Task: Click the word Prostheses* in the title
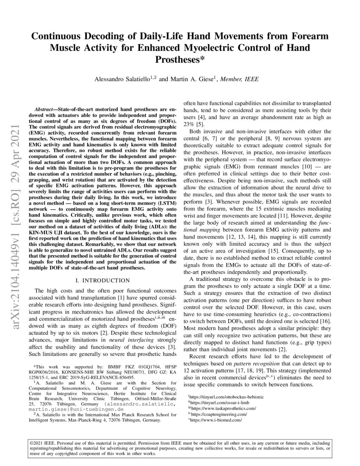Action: [x=180, y=59]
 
